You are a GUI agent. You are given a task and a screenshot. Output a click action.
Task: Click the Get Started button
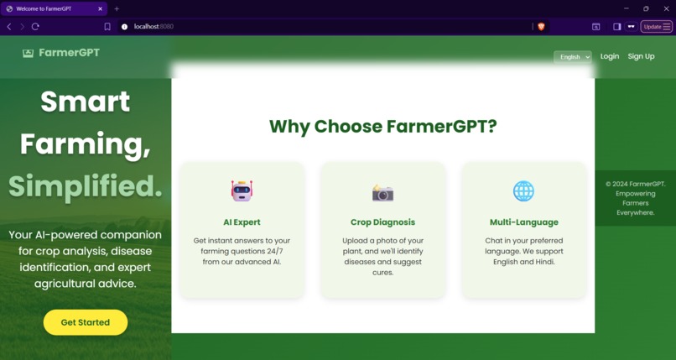86,322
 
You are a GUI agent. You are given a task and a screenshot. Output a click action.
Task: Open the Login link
610,56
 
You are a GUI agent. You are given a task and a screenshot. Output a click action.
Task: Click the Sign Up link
641,56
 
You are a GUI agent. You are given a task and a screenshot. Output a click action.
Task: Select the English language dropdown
572,57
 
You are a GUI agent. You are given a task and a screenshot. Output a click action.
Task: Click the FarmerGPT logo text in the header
69,52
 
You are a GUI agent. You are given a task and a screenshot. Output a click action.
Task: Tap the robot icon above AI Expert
242,190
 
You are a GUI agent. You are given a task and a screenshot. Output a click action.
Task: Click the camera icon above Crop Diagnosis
382,193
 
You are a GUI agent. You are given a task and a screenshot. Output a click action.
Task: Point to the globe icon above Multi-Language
523,191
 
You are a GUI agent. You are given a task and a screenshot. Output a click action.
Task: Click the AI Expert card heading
242,222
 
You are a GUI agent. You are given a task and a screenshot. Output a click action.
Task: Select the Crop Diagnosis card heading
382,222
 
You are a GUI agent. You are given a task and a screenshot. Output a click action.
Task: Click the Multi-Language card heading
523,222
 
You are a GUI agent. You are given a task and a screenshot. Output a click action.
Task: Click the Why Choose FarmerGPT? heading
382,127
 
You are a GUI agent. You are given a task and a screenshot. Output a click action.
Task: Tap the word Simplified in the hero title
86,185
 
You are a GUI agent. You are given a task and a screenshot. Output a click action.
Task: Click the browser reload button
35,27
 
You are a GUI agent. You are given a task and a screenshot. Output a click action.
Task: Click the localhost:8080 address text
153,27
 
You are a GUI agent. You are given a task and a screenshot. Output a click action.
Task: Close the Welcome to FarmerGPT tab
100,8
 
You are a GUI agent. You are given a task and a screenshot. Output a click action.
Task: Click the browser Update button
653,27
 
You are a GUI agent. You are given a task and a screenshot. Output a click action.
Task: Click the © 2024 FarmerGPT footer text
635,184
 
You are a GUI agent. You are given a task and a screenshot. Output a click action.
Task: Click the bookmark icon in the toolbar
107,27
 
